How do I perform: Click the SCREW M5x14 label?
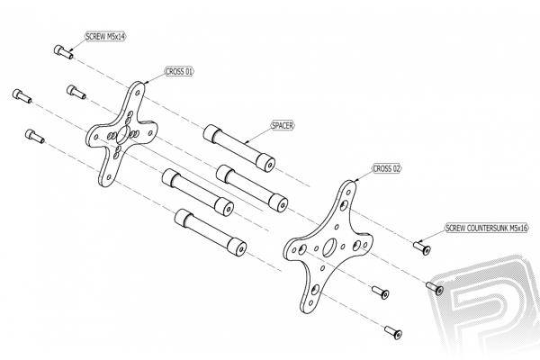(x=105, y=37)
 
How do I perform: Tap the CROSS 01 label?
(x=179, y=72)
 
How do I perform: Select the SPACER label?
(x=283, y=125)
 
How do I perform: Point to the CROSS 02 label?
(x=387, y=169)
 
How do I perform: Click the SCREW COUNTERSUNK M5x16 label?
(x=487, y=228)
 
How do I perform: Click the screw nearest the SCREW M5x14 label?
(x=63, y=52)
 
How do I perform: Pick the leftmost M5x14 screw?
(x=22, y=95)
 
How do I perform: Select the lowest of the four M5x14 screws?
(x=35, y=136)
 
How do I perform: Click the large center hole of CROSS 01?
(x=123, y=135)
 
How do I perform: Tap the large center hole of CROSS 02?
(x=329, y=247)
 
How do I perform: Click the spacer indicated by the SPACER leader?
(x=239, y=148)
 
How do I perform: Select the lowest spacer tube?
(x=211, y=232)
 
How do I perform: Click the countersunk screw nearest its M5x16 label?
(x=422, y=248)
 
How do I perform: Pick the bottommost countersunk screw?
(x=393, y=332)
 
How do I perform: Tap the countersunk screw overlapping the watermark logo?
(x=435, y=288)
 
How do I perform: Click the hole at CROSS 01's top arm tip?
(x=138, y=93)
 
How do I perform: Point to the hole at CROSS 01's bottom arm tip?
(x=109, y=177)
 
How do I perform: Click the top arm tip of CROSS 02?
(x=351, y=184)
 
